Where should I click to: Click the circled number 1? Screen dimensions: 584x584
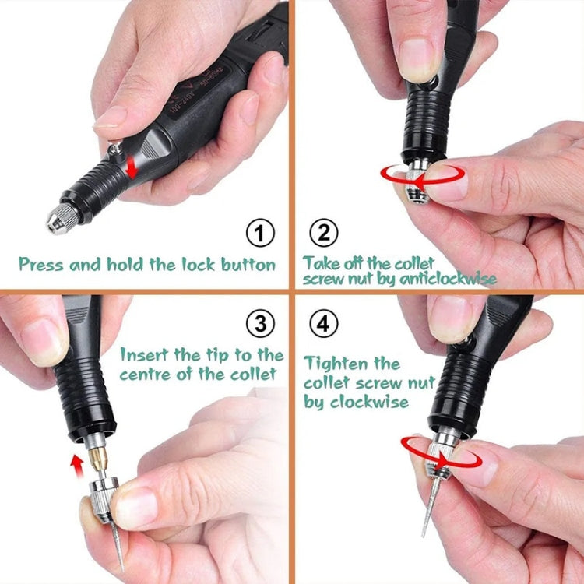click(x=261, y=233)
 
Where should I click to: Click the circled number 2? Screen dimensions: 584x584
click(x=325, y=233)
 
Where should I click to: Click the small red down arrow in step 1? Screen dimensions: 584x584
click(x=133, y=166)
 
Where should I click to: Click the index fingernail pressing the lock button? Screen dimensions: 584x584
click(x=109, y=118)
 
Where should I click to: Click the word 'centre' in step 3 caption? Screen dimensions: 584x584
click(x=146, y=375)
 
